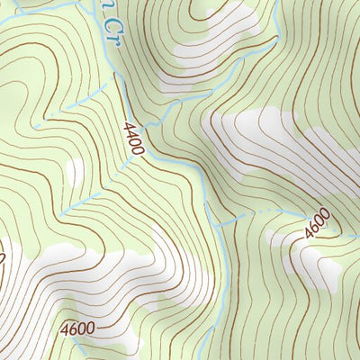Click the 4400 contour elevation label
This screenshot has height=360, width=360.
tap(134, 139)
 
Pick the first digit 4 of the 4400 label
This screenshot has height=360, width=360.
tap(128, 129)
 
